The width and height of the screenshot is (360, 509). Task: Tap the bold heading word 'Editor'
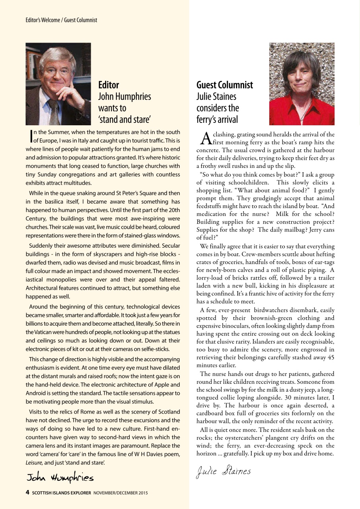point(109,85)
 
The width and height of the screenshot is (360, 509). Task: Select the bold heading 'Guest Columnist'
point(225,85)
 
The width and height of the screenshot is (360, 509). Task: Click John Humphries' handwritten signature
point(60,476)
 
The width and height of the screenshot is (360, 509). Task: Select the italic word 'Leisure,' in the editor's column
point(35,463)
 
